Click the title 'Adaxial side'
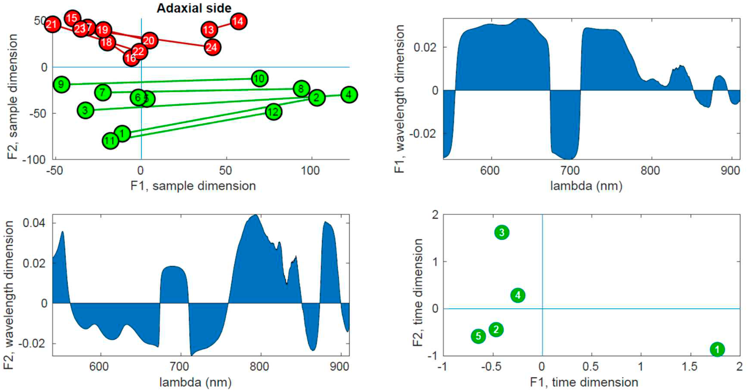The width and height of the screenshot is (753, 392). [194, 8]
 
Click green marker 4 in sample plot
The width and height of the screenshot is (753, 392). [348, 95]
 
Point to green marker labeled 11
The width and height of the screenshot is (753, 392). [110, 141]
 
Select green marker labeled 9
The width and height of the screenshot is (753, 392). [61, 84]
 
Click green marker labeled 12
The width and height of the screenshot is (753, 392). [273, 112]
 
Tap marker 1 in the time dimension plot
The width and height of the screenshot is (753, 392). [717, 349]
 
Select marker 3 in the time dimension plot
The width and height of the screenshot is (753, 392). [502, 233]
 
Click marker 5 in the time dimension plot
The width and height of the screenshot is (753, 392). [478, 336]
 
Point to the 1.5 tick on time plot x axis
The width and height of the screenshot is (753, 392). [690, 367]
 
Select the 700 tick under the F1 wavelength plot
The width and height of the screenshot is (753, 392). [570, 170]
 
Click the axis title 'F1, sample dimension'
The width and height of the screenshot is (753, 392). [193, 186]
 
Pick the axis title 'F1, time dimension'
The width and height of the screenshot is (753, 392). [584, 382]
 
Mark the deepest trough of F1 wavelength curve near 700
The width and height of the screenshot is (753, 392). [568, 159]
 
